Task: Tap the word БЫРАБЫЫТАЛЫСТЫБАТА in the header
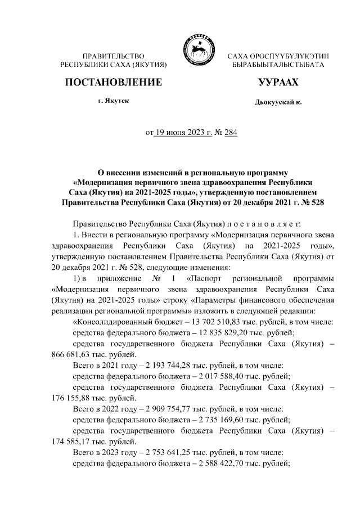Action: tap(278, 66)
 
